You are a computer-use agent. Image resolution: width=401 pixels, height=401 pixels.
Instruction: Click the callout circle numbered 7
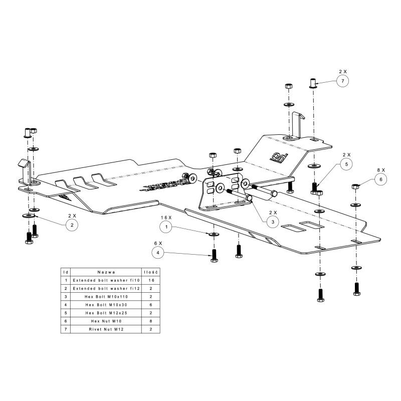point(342,81)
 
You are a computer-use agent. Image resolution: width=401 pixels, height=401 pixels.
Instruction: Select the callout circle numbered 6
point(380,179)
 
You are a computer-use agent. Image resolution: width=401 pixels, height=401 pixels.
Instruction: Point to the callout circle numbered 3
point(272,221)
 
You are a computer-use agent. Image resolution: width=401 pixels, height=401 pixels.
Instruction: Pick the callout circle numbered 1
point(166,227)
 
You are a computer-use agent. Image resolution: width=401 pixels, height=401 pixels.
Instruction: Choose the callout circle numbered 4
point(158,254)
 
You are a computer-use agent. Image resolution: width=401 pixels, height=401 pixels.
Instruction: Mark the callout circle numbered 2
point(72,225)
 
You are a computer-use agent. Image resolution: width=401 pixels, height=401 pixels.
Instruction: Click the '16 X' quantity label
point(166,217)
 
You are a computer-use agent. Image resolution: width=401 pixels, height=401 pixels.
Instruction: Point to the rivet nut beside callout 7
point(312,83)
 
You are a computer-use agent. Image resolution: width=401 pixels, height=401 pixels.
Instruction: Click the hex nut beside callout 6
point(355,186)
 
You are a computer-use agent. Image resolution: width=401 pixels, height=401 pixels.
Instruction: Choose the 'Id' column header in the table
point(65,271)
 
